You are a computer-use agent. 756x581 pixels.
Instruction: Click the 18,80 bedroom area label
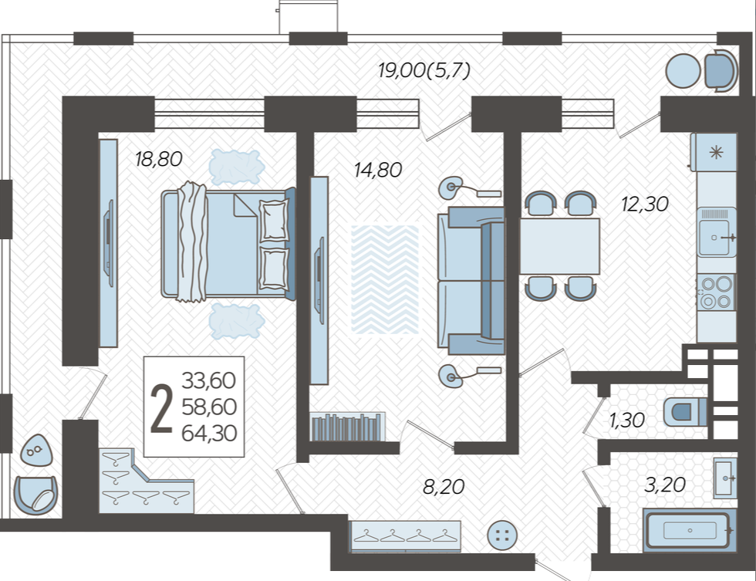pos(159,159)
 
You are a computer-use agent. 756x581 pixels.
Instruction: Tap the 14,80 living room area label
pos(377,170)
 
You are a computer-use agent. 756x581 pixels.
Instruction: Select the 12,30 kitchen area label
pos(645,204)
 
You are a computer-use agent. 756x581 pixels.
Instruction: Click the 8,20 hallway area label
pos(444,487)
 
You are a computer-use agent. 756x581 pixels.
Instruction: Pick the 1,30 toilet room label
pos(626,420)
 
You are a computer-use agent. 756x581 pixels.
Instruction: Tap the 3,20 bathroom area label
pos(665,485)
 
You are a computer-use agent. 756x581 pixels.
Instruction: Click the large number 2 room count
pos(161,408)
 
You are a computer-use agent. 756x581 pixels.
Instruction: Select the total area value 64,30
pos(209,433)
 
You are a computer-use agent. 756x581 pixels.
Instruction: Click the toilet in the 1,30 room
pos(685,412)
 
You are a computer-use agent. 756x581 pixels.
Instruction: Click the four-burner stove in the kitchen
pos(716,292)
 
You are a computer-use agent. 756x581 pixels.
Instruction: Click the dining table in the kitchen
pos(559,246)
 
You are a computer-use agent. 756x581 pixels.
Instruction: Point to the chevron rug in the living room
pos(385,279)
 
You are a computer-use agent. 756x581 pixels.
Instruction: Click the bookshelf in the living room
pos(347,427)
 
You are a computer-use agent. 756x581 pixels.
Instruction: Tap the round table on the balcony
pos(683,71)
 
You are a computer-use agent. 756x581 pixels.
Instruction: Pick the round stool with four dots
pos(502,535)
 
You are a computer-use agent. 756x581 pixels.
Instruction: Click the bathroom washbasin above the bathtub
pos(725,478)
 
